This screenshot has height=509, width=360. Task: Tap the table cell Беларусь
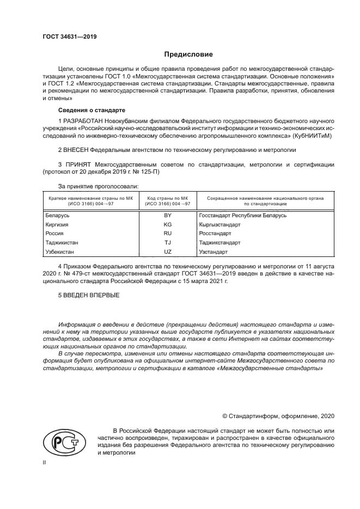pyautogui.click(x=57, y=216)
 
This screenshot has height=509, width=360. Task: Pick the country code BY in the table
pyautogui.click(x=168, y=216)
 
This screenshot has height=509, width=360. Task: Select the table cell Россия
pyautogui.click(x=54, y=234)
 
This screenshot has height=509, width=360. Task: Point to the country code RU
pyautogui.click(x=168, y=234)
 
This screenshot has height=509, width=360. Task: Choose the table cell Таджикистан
pyautogui.click(x=62, y=243)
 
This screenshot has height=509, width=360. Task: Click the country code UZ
pyautogui.click(x=168, y=252)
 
